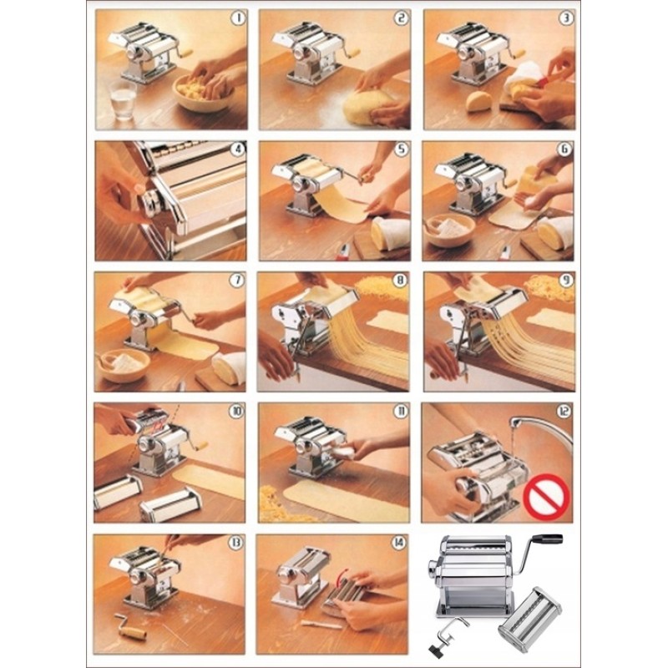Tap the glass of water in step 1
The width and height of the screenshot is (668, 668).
coord(123,100)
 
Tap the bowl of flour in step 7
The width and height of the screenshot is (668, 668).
coord(124,365)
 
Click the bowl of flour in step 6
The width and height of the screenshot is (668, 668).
coord(451,230)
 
